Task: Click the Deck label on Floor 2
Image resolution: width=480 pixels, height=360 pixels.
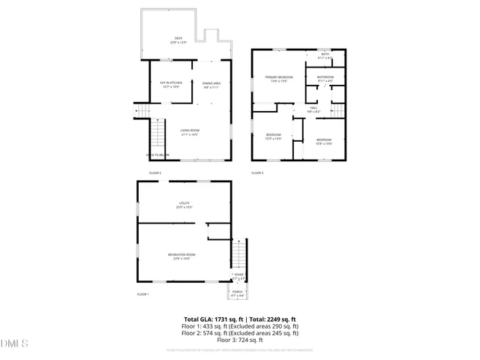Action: tap(178, 40)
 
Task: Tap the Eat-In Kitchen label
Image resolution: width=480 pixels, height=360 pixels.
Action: tap(172, 84)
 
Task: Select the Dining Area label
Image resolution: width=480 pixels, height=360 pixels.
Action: tap(211, 84)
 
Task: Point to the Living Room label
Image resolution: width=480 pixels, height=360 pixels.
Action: tap(189, 133)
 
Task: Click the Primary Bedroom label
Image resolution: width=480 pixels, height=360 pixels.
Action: tap(277, 79)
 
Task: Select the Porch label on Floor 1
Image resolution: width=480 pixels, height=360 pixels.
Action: tap(237, 292)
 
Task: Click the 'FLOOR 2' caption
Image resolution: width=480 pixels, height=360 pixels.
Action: tap(155, 173)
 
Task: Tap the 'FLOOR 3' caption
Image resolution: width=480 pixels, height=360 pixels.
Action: tap(257, 173)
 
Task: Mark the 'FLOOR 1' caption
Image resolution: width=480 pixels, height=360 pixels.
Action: tap(142, 294)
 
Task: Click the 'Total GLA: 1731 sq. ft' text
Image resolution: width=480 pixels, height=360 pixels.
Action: tap(208, 319)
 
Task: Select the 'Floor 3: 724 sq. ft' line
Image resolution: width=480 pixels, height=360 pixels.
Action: tap(240, 340)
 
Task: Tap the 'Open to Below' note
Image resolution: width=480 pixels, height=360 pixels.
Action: tap(157, 155)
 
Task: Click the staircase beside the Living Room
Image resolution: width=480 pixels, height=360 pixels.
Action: tap(157, 136)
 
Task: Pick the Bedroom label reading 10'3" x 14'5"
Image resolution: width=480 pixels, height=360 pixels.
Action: tap(273, 137)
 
